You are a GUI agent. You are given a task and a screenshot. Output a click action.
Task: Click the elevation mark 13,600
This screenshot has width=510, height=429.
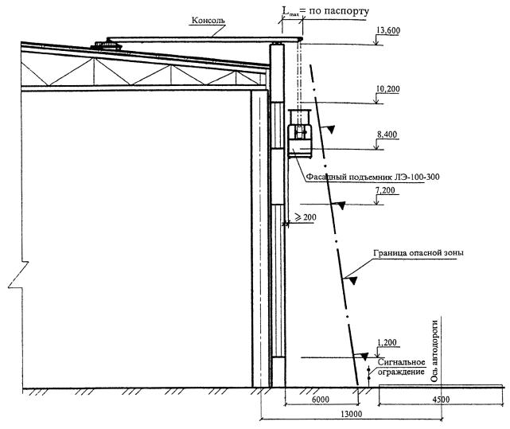pyautogui.click(x=388, y=30)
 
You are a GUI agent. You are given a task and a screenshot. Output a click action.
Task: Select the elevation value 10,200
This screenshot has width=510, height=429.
pyautogui.click(x=388, y=89)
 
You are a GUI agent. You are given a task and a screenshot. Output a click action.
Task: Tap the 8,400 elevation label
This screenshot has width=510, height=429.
pyautogui.click(x=387, y=135)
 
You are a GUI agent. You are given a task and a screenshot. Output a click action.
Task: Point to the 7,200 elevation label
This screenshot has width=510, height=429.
pyautogui.click(x=385, y=190)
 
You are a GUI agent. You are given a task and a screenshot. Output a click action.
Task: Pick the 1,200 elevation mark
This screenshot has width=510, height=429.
pyautogui.click(x=387, y=342)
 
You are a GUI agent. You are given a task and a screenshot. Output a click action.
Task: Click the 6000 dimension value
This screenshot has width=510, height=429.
pyautogui.click(x=321, y=399)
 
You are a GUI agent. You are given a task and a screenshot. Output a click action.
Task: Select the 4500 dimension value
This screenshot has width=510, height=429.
pyautogui.click(x=441, y=399)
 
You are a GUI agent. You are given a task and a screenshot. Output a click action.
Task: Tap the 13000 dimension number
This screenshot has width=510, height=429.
pyautogui.click(x=352, y=414)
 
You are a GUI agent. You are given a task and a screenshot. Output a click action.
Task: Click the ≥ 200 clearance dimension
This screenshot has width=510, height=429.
pyautogui.click(x=305, y=217)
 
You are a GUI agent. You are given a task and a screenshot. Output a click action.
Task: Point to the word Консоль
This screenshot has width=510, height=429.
pyautogui.click(x=208, y=20)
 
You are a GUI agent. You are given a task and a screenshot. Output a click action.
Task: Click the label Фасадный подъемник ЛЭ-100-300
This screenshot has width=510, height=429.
pyautogui.click(x=373, y=177)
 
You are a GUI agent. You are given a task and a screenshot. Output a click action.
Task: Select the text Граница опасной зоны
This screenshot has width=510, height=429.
pyautogui.click(x=419, y=253)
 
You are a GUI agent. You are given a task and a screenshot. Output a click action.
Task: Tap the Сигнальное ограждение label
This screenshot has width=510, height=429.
pyautogui.click(x=401, y=367)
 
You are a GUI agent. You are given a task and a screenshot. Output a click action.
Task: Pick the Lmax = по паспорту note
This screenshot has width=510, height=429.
pyautogui.click(x=326, y=11)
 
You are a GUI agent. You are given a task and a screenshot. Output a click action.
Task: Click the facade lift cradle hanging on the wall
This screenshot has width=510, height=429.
pyautogui.click(x=300, y=134)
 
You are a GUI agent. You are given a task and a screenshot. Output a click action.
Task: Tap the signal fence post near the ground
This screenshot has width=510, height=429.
pyautogui.click(x=369, y=376)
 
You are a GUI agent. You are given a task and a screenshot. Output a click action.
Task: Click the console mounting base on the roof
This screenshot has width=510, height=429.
pyautogui.click(x=107, y=45)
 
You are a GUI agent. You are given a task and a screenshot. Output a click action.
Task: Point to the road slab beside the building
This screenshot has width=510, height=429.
pyautogui.click(x=442, y=386)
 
